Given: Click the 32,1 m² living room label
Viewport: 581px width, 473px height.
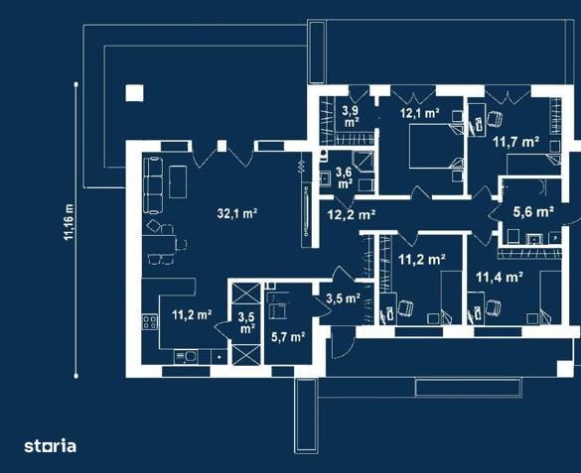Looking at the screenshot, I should (x=237, y=212).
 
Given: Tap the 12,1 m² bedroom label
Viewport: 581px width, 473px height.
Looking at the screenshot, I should (x=419, y=113).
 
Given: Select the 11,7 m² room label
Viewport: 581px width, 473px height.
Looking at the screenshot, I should (x=515, y=142).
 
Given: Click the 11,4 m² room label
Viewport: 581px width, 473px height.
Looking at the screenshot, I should (x=499, y=278).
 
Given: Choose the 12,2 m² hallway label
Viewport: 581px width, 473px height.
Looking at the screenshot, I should (x=351, y=214).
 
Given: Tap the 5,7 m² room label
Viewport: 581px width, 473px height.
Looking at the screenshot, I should (x=288, y=337).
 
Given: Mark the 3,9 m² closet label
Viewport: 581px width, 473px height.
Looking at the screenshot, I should (x=350, y=117).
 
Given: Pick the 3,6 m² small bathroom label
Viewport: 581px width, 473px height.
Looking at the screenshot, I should (x=344, y=177).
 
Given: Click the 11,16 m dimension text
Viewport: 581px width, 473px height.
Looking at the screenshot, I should (x=69, y=223).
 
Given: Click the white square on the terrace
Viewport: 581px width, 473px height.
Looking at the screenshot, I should (x=134, y=95).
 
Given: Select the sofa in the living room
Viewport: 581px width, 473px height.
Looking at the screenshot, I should (x=154, y=183).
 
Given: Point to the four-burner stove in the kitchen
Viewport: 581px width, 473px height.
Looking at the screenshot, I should (x=152, y=323).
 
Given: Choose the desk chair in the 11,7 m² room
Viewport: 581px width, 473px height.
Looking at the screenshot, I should (x=493, y=121).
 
